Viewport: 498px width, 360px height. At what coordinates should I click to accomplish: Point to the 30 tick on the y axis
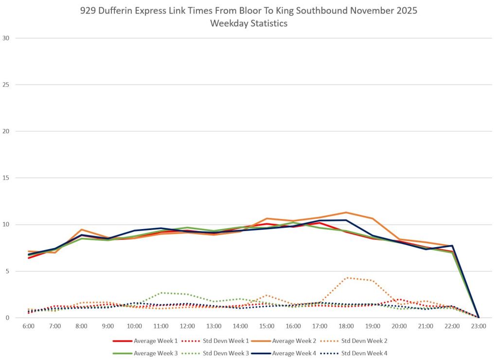click(6, 38)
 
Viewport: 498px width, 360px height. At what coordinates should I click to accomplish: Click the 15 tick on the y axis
click(6, 178)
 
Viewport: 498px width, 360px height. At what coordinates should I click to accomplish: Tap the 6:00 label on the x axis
click(29, 326)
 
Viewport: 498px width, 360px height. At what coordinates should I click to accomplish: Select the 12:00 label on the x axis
click(187, 326)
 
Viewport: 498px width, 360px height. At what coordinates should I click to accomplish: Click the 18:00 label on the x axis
click(346, 326)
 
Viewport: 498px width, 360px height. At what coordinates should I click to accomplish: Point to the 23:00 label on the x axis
click(479, 326)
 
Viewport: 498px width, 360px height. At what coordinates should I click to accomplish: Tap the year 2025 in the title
click(405, 11)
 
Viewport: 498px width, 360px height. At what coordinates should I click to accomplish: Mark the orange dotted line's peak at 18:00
click(346, 278)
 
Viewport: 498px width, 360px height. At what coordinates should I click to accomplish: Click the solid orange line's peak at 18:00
click(346, 213)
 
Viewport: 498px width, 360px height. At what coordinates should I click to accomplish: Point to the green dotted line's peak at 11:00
click(161, 293)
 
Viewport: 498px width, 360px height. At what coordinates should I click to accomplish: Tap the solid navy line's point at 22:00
click(452, 246)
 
